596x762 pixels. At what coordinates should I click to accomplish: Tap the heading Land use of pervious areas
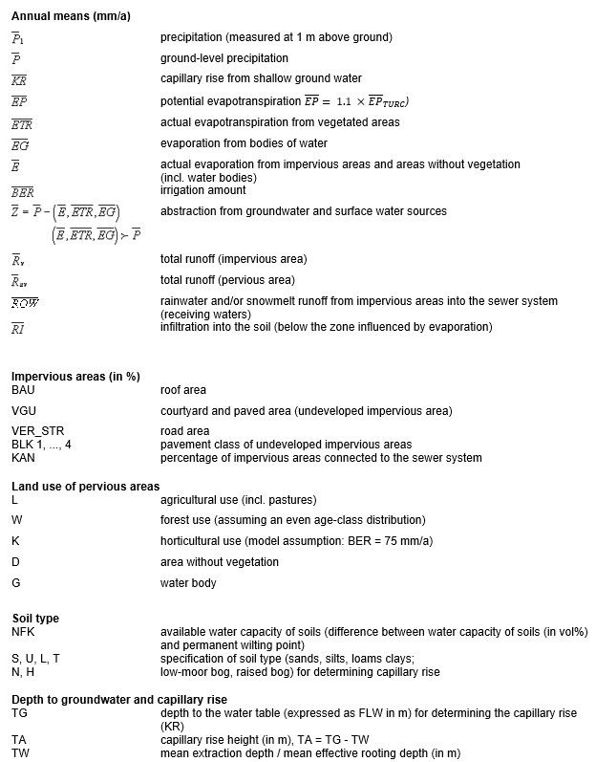[86, 487]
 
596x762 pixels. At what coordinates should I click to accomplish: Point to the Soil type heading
[35, 619]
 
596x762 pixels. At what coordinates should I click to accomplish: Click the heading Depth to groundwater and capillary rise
[119, 700]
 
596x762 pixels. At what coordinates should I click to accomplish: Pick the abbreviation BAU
[24, 390]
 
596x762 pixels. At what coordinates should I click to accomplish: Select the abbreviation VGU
[24, 411]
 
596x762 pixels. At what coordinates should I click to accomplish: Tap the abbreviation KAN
[24, 458]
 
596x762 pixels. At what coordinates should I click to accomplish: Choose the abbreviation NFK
[24, 632]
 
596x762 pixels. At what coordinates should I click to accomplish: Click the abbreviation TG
[19, 713]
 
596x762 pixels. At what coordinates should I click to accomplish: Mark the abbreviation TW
[19, 753]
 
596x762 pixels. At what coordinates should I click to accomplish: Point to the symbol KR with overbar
[19, 79]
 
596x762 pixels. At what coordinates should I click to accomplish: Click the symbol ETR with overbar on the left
[22, 123]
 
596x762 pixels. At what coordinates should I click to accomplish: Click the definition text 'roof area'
[183, 390]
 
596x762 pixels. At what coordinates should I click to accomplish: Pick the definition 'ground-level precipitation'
[224, 58]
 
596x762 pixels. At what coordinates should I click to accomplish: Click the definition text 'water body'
[188, 582]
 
